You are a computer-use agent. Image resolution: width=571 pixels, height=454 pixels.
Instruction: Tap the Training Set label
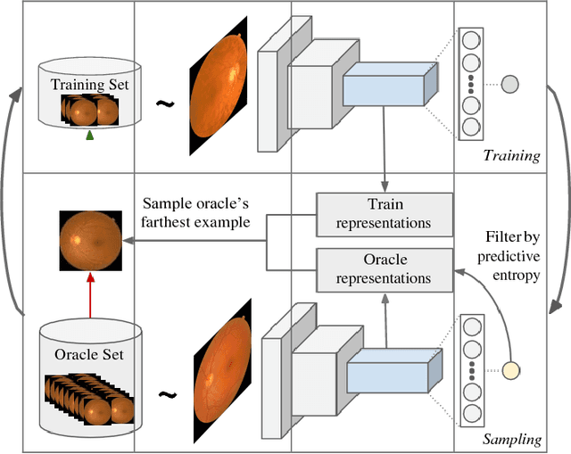(x=89, y=86)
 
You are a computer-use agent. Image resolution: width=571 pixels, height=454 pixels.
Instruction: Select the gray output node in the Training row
(x=509, y=85)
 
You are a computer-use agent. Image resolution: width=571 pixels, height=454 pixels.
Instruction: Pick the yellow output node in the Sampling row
(x=509, y=369)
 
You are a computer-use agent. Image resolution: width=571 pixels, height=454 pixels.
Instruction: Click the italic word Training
(x=511, y=155)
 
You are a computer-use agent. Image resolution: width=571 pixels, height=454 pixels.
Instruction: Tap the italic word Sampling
(x=510, y=439)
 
